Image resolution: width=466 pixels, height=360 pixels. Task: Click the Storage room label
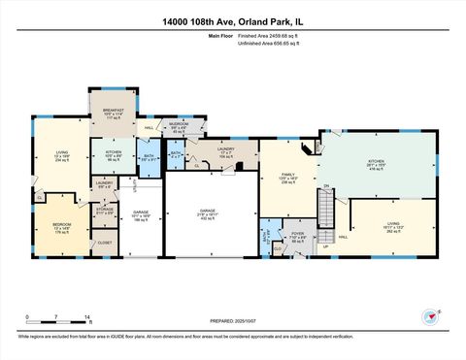click(x=105, y=210)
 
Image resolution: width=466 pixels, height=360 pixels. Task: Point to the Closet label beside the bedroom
click(x=104, y=243)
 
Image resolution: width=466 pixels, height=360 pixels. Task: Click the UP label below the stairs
click(x=325, y=245)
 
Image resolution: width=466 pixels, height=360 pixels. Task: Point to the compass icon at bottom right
click(x=430, y=316)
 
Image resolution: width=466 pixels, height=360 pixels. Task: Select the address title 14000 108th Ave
click(x=232, y=19)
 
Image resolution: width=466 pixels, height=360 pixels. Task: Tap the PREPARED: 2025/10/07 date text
click(x=232, y=322)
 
